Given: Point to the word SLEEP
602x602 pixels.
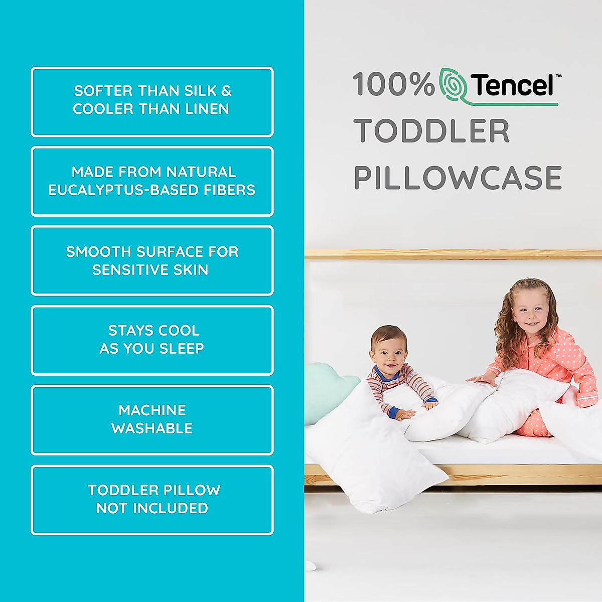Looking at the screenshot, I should (181, 349).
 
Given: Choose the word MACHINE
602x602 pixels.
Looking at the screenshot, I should (152, 410).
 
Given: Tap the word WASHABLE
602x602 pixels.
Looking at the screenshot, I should (152, 428).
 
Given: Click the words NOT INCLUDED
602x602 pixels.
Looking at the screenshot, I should (152, 508).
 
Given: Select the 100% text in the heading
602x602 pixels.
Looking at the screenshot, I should (393, 84).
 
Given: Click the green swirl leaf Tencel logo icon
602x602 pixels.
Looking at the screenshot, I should (454, 84).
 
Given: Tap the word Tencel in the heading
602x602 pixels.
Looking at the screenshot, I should (512, 85).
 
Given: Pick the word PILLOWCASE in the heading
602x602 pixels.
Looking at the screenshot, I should (458, 178).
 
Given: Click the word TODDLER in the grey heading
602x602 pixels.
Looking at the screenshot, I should (431, 131).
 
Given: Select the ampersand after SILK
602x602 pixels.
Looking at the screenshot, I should (226, 91).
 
